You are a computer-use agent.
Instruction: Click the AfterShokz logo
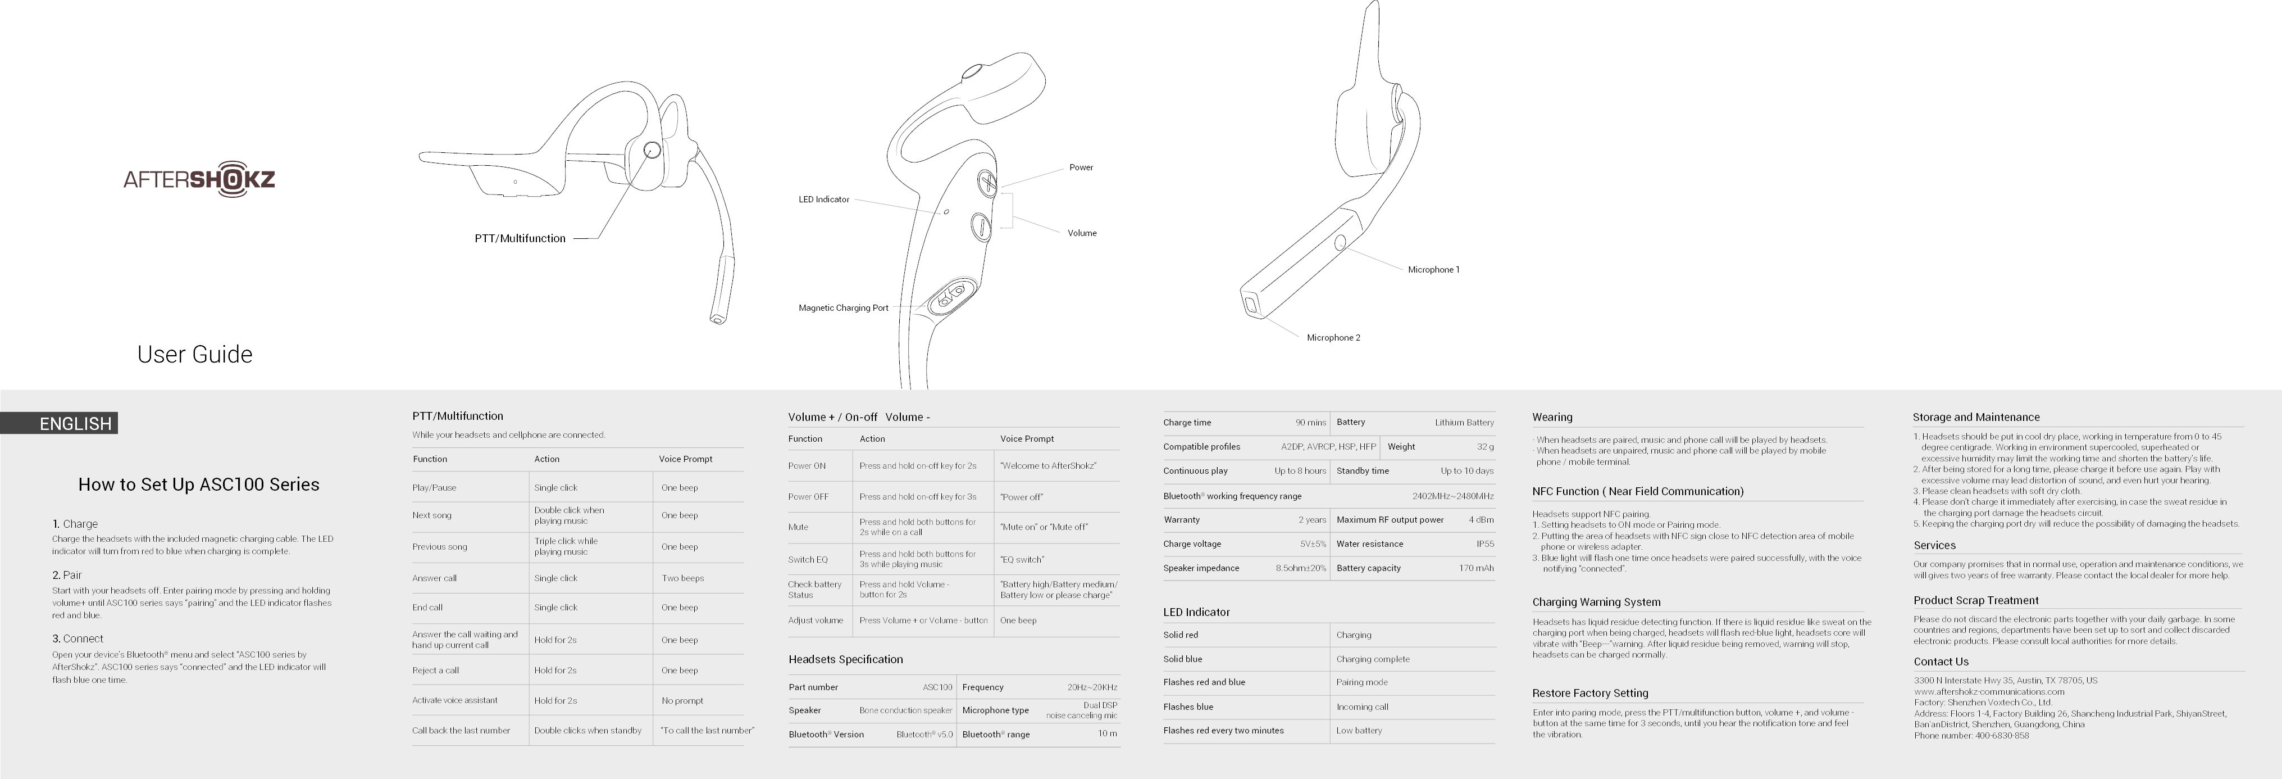pyautogui.click(x=199, y=179)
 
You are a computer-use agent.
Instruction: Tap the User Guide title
pyautogui.click(x=195, y=355)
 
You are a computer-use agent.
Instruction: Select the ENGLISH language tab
pyautogui.click(x=75, y=424)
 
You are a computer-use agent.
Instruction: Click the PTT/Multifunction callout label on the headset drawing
pyautogui.click(x=520, y=238)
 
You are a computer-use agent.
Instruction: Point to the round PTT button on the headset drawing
pyautogui.click(x=652, y=150)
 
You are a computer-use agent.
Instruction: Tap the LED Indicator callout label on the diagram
pyautogui.click(x=824, y=200)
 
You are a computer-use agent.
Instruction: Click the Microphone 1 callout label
pyautogui.click(x=1433, y=269)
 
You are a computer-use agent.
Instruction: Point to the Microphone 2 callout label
pyautogui.click(x=1333, y=338)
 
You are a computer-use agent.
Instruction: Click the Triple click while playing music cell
pyautogui.click(x=566, y=546)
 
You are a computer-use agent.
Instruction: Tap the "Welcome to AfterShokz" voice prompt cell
pyautogui.click(x=1049, y=466)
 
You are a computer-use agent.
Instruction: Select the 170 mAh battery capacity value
pyautogui.click(x=1476, y=568)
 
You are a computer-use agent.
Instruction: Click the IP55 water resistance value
pyautogui.click(x=1484, y=544)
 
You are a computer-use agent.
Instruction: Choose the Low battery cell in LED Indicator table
pyautogui.click(x=1359, y=730)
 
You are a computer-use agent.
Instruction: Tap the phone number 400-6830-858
pyautogui.click(x=2001, y=736)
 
